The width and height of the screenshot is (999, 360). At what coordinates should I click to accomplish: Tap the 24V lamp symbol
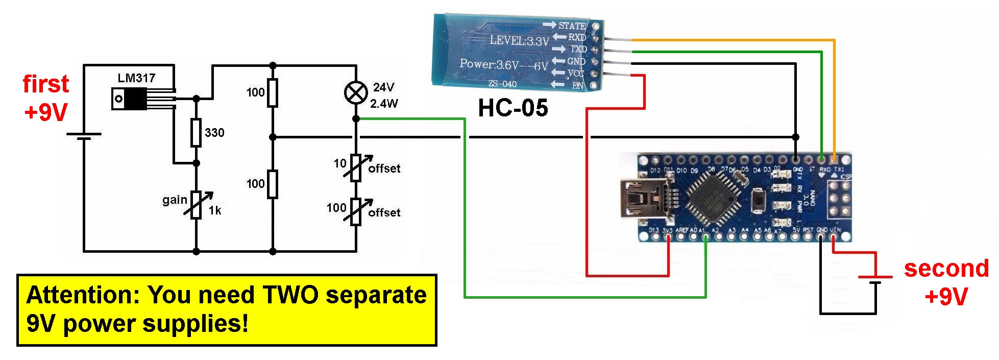tap(356, 93)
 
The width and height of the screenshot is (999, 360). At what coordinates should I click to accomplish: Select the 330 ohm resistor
tap(196, 132)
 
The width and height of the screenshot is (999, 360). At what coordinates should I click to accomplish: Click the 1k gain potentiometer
tap(197, 205)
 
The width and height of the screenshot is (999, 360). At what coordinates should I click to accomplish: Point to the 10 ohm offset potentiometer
tap(356, 167)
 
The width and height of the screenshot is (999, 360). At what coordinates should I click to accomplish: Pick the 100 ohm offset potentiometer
tap(356, 211)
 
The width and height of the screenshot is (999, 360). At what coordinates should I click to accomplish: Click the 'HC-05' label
tap(513, 108)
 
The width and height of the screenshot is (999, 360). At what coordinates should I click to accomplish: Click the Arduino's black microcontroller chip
tap(713, 199)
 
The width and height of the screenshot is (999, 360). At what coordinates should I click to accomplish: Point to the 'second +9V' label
tap(946, 282)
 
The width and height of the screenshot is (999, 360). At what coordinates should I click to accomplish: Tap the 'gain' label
tap(175, 200)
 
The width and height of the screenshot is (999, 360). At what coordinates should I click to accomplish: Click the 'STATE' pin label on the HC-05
tap(572, 25)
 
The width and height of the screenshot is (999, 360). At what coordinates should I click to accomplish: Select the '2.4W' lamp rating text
tap(384, 104)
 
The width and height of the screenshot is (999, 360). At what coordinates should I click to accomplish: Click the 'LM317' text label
tap(136, 78)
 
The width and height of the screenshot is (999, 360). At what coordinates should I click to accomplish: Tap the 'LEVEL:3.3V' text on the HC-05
tap(519, 40)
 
